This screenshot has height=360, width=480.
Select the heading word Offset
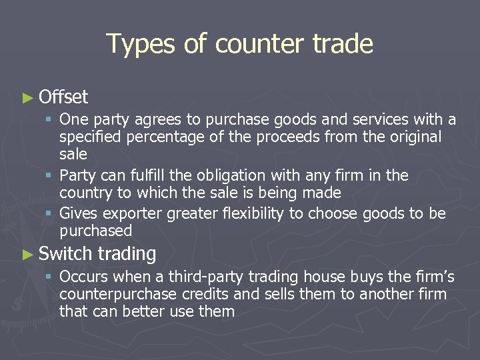pos(63,97)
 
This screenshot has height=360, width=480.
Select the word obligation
pos(215,175)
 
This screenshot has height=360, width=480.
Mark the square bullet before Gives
pos(51,214)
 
